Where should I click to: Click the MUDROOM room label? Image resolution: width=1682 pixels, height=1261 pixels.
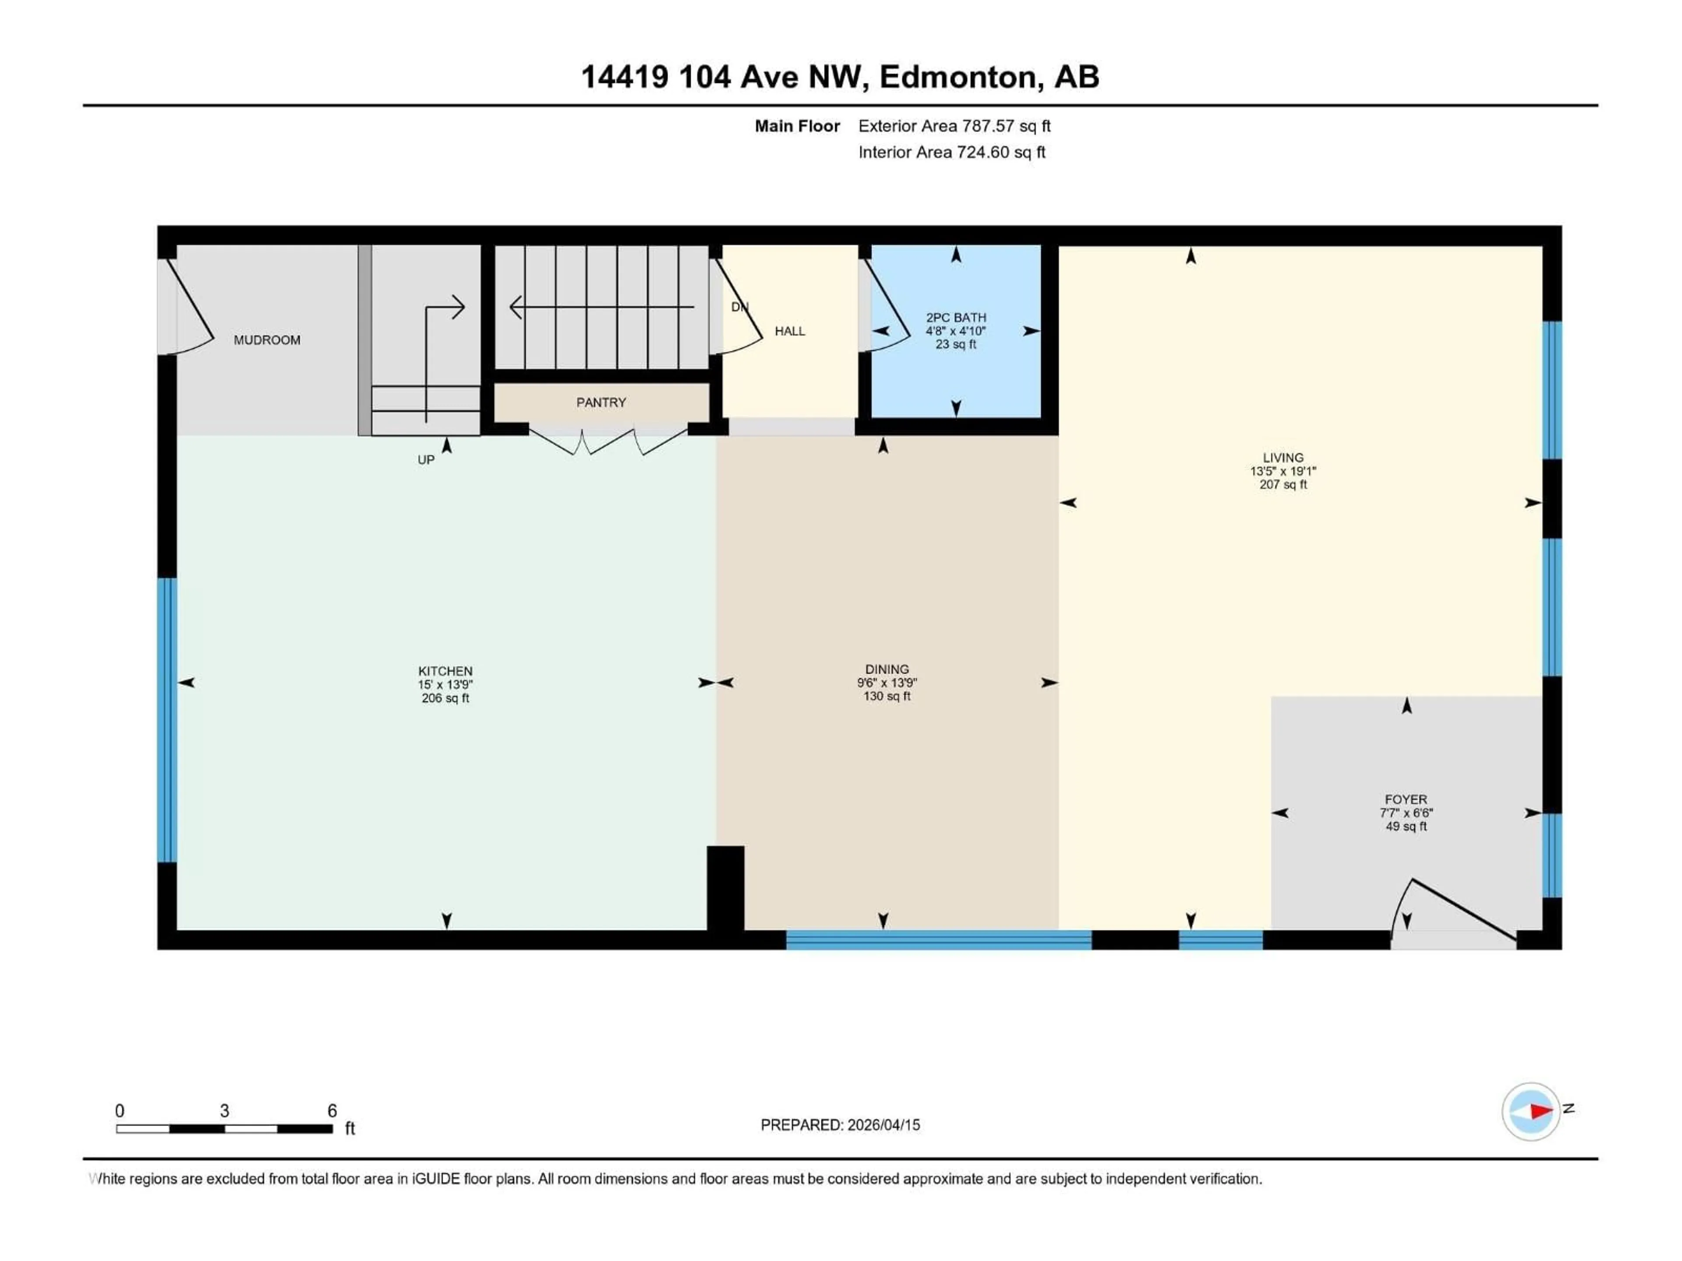(x=267, y=340)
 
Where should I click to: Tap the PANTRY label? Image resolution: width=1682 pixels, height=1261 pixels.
(x=601, y=402)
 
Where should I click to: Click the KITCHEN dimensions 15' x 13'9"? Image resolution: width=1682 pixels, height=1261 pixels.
(x=445, y=685)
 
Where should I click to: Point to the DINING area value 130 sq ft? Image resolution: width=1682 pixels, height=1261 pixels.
(x=887, y=696)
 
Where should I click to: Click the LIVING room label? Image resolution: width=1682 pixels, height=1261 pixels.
(x=1283, y=458)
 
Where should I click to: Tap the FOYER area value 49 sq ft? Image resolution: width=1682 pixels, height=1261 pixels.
(x=1406, y=826)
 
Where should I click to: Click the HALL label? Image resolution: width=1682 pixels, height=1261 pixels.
(x=789, y=331)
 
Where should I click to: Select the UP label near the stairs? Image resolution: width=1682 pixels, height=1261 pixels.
(x=426, y=460)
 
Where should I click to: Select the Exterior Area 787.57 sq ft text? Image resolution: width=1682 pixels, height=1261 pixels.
(x=954, y=126)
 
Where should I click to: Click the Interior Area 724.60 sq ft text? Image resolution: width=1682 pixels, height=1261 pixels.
(x=951, y=152)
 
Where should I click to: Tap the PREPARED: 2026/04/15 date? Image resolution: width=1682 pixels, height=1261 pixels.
(x=840, y=1125)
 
